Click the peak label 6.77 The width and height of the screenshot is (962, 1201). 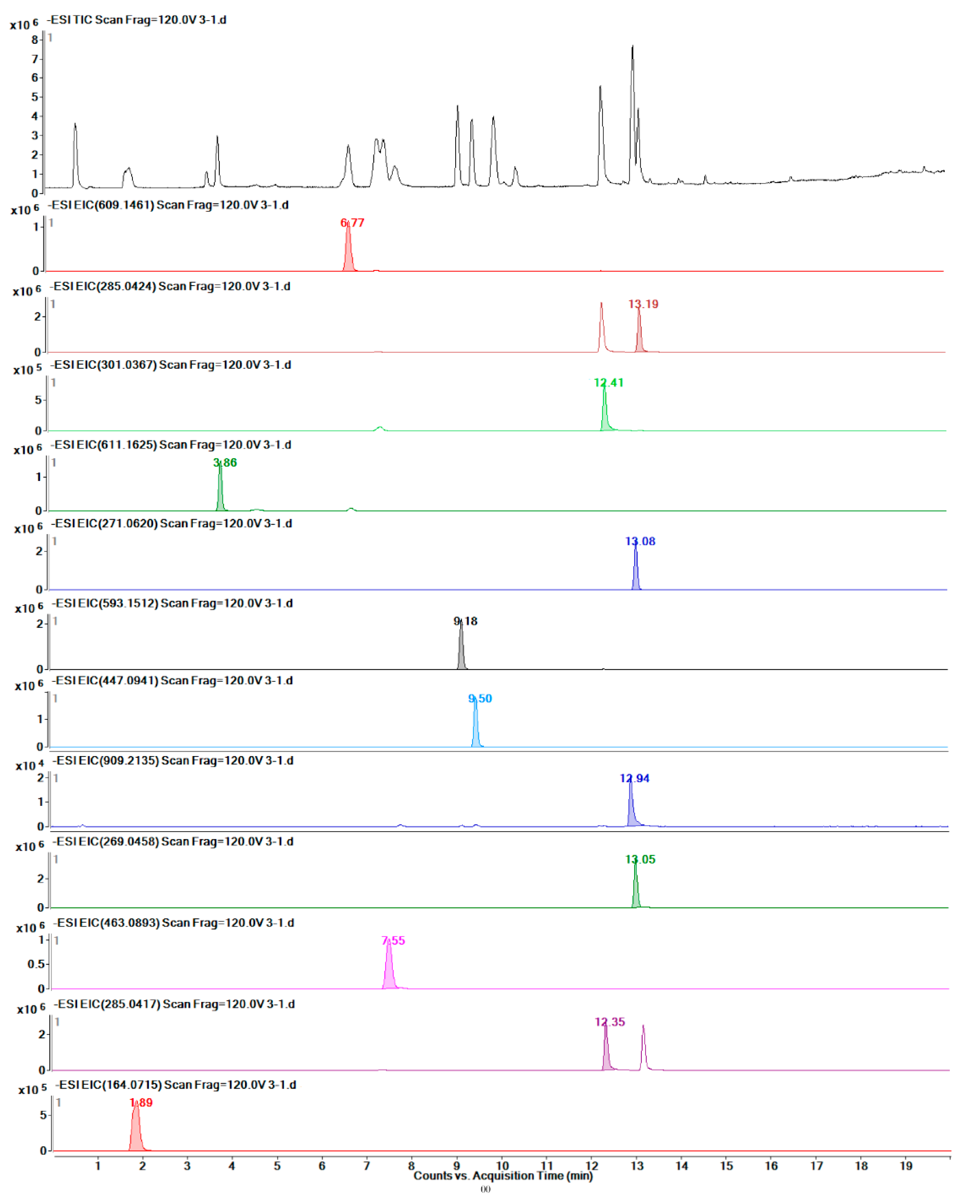352,223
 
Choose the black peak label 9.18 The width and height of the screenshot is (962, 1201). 465,621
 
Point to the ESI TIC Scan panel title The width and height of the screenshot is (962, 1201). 136,20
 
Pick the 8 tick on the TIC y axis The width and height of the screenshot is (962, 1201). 35,40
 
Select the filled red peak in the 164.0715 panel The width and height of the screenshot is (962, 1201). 136,1131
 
